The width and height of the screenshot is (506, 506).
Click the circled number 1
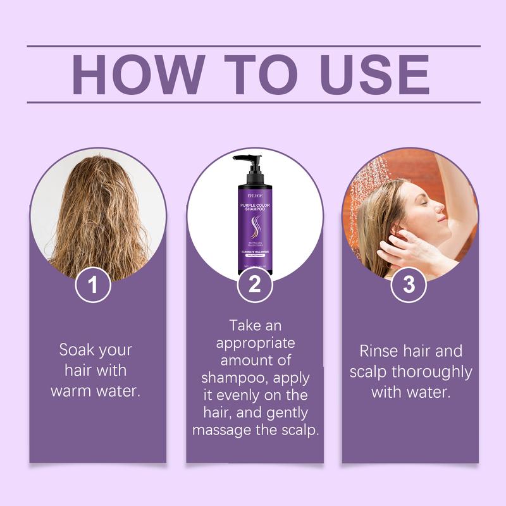click(x=93, y=285)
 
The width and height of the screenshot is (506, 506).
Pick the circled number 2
click(x=254, y=285)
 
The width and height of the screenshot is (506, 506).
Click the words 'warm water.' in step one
click(x=95, y=390)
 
